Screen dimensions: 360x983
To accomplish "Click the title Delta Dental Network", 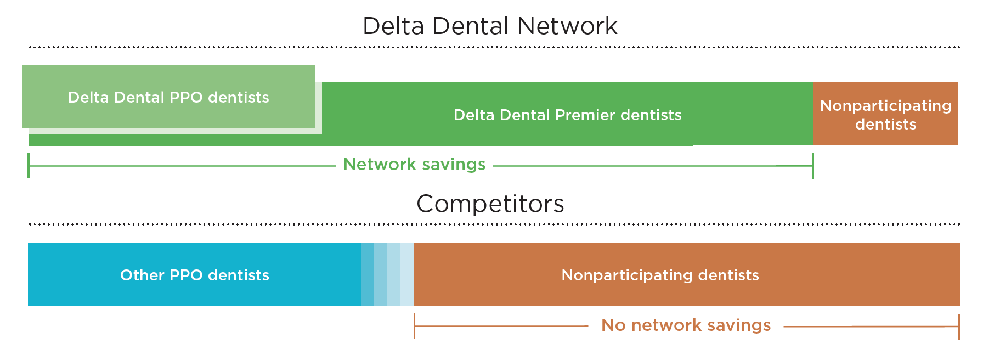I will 490,26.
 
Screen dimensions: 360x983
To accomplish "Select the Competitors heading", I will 490,204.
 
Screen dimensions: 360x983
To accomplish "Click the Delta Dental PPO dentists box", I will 168,97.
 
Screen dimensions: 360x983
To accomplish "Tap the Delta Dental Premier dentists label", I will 567,115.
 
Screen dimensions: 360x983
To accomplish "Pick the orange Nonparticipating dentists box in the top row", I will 885,114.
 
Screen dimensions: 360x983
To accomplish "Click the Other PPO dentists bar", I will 194,275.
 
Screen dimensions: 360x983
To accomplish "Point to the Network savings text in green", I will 414,165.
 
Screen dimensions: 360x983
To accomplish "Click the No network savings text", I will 686,325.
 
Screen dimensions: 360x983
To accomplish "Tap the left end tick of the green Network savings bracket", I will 29,166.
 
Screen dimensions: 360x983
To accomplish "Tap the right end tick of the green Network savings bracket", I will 813,166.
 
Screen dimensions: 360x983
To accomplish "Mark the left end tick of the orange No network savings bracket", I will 415,327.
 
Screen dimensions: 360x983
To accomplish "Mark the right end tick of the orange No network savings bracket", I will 959,327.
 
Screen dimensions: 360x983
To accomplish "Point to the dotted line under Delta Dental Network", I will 494,47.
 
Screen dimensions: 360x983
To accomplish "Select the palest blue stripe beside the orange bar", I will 407,274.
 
